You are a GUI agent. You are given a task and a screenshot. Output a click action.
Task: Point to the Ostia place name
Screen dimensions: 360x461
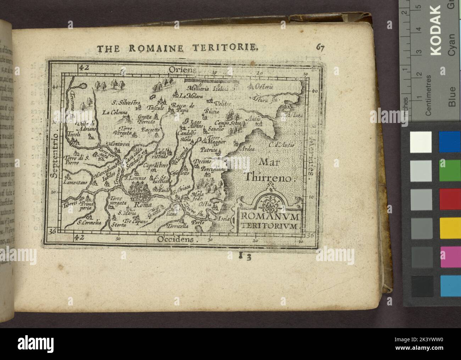[x=206, y=204]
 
